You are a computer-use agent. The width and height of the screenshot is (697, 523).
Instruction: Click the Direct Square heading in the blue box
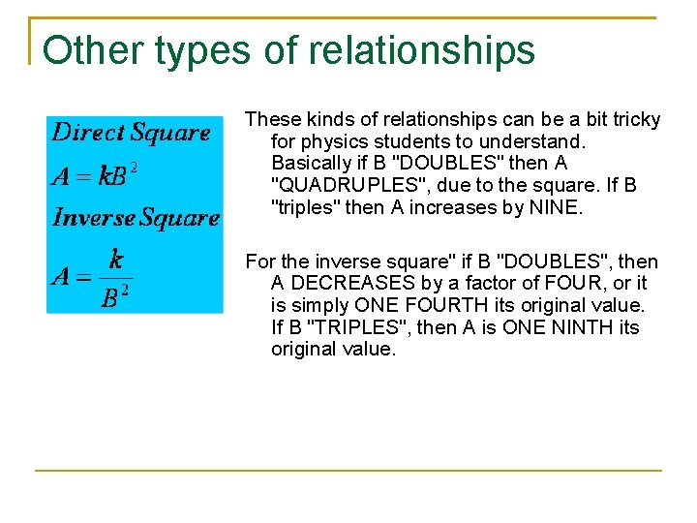(131, 133)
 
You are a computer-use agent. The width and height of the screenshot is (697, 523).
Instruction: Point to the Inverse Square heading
(136, 217)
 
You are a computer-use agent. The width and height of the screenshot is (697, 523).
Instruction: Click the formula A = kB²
(95, 175)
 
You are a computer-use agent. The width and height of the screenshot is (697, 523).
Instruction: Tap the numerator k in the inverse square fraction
(115, 259)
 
